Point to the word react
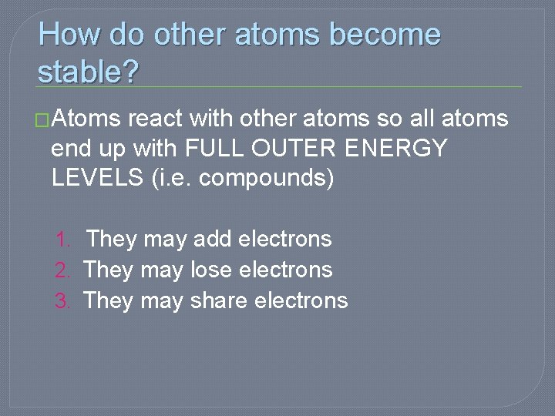(x=156, y=119)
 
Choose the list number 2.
(x=63, y=270)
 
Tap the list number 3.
(x=63, y=300)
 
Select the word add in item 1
(x=213, y=240)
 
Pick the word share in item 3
(x=220, y=300)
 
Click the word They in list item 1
(x=112, y=240)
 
